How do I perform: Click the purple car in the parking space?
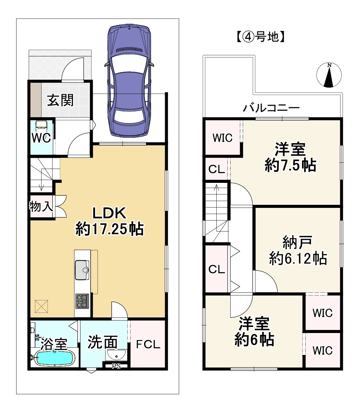pyautogui.click(x=129, y=81)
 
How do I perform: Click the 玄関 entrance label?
pyautogui.click(x=60, y=100)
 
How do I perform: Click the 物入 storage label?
pyautogui.click(x=41, y=207)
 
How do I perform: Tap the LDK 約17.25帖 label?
pyautogui.click(x=109, y=221)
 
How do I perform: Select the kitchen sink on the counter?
pyautogui.click(x=82, y=270)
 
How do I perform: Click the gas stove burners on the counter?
pyautogui.click(x=82, y=301)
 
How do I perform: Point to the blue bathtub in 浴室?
pyautogui.click(x=54, y=358)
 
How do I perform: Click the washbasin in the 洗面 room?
pyautogui.click(x=116, y=355)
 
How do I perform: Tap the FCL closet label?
pyautogui.click(x=148, y=344)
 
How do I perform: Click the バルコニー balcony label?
pyautogui.click(x=271, y=108)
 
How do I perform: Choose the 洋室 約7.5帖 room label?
pyautogui.click(x=290, y=158)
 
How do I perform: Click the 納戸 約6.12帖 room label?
pyautogui.click(x=298, y=250)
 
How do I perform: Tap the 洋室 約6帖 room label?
pyautogui.click(x=254, y=332)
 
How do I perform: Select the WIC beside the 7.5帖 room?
pyautogui.click(x=222, y=138)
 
